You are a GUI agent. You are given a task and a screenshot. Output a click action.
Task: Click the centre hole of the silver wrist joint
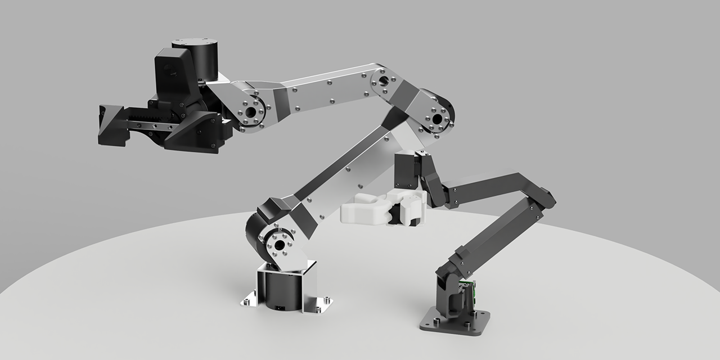point(248,112)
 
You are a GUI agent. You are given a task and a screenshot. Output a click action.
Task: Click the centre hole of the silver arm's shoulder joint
point(277,246)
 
